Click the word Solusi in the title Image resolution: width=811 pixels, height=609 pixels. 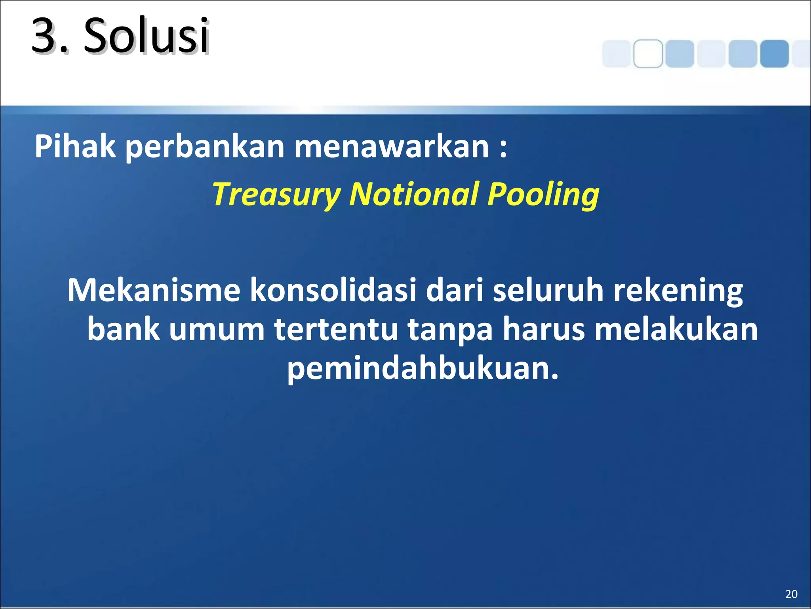click(147, 36)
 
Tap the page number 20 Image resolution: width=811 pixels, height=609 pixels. click(791, 594)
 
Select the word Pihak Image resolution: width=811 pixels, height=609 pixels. click(75, 147)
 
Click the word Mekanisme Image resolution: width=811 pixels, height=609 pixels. click(154, 290)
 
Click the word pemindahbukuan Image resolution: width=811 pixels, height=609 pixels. click(422, 369)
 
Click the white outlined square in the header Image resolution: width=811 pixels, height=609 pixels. click(648, 54)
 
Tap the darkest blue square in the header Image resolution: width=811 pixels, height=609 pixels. click(774, 54)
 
